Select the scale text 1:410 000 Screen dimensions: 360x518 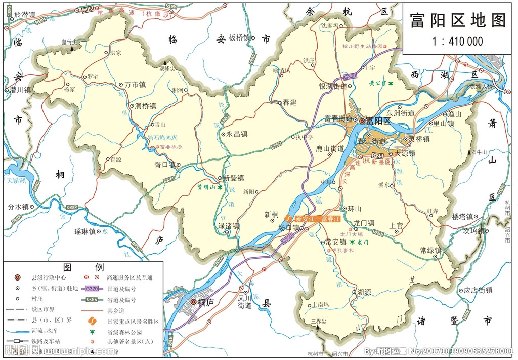coord(457,42)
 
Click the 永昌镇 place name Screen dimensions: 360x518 coord(237,135)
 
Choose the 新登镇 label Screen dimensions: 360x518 coord(234,178)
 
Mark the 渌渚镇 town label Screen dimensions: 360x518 coord(228,226)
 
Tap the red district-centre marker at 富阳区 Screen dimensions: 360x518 coord(362,122)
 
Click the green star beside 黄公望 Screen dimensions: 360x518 coord(391,83)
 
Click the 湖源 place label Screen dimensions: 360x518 coord(364,292)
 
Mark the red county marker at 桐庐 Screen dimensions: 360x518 coord(193,302)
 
